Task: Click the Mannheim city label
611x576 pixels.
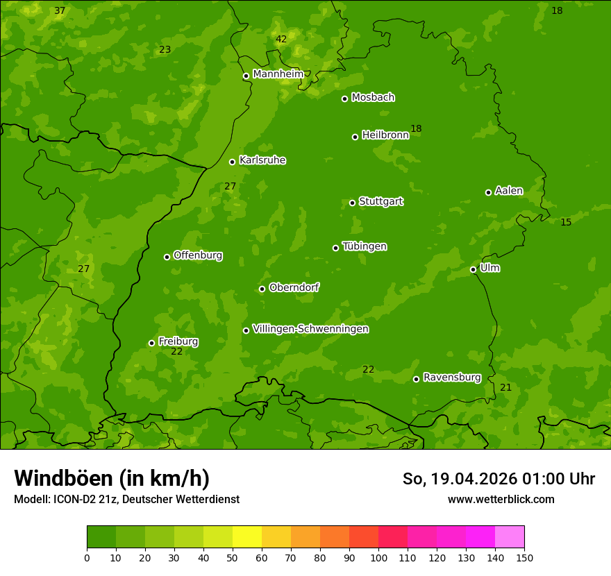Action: [x=278, y=74]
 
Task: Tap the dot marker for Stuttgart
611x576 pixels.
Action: [x=352, y=203]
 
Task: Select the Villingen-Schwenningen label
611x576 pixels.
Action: [x=310, y=329]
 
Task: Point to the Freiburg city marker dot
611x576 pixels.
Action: [x=151, y=343]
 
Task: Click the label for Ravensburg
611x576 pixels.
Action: [x=451, y=378]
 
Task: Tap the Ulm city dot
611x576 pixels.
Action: [x=473, y=269]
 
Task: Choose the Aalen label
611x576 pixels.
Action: [x=509, y=191]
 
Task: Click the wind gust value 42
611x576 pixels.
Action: [x=281, y=40]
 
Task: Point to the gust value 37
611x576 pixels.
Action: [x=60, y=11]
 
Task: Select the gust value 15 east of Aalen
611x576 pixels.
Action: [x=566, y=222]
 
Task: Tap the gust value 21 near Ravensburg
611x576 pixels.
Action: [x=505, y=387]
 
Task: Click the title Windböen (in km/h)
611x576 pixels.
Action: [x=112, y=478]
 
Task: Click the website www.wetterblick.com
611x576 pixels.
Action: [x=501, y=499]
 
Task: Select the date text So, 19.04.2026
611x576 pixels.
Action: [x=460, y=479]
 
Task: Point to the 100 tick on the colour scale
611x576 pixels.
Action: [x=378, y=557]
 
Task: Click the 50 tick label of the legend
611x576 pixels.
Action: [x=233, y=557]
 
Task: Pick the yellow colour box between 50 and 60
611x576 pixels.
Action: [x=247, y=537]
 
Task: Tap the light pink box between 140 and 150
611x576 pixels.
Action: [x=510, y=537]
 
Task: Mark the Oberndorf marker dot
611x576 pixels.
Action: [x=262, y=289]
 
